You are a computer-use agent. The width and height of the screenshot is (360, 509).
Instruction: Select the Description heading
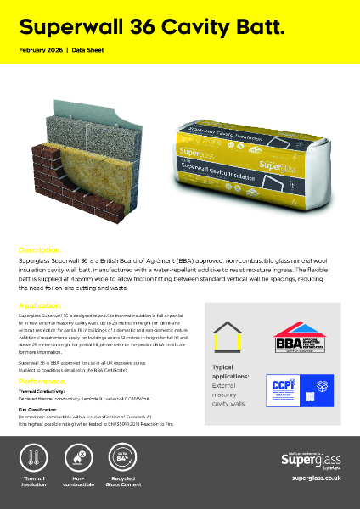click(x=39, y=250)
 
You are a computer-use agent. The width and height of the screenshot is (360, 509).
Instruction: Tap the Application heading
click(x=39, y=305)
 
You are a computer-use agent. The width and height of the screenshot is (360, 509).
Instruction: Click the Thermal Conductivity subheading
click(x=42, y=391)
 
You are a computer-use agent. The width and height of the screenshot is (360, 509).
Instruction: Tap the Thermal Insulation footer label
click(x=33, y=485)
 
